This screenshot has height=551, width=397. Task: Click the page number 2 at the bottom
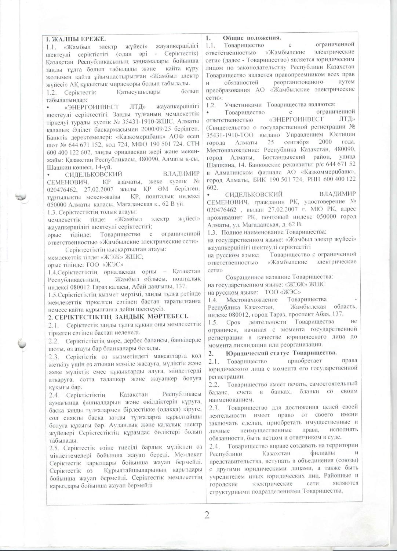pos(207,515)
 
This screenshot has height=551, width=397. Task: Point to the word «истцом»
pos(269,437)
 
